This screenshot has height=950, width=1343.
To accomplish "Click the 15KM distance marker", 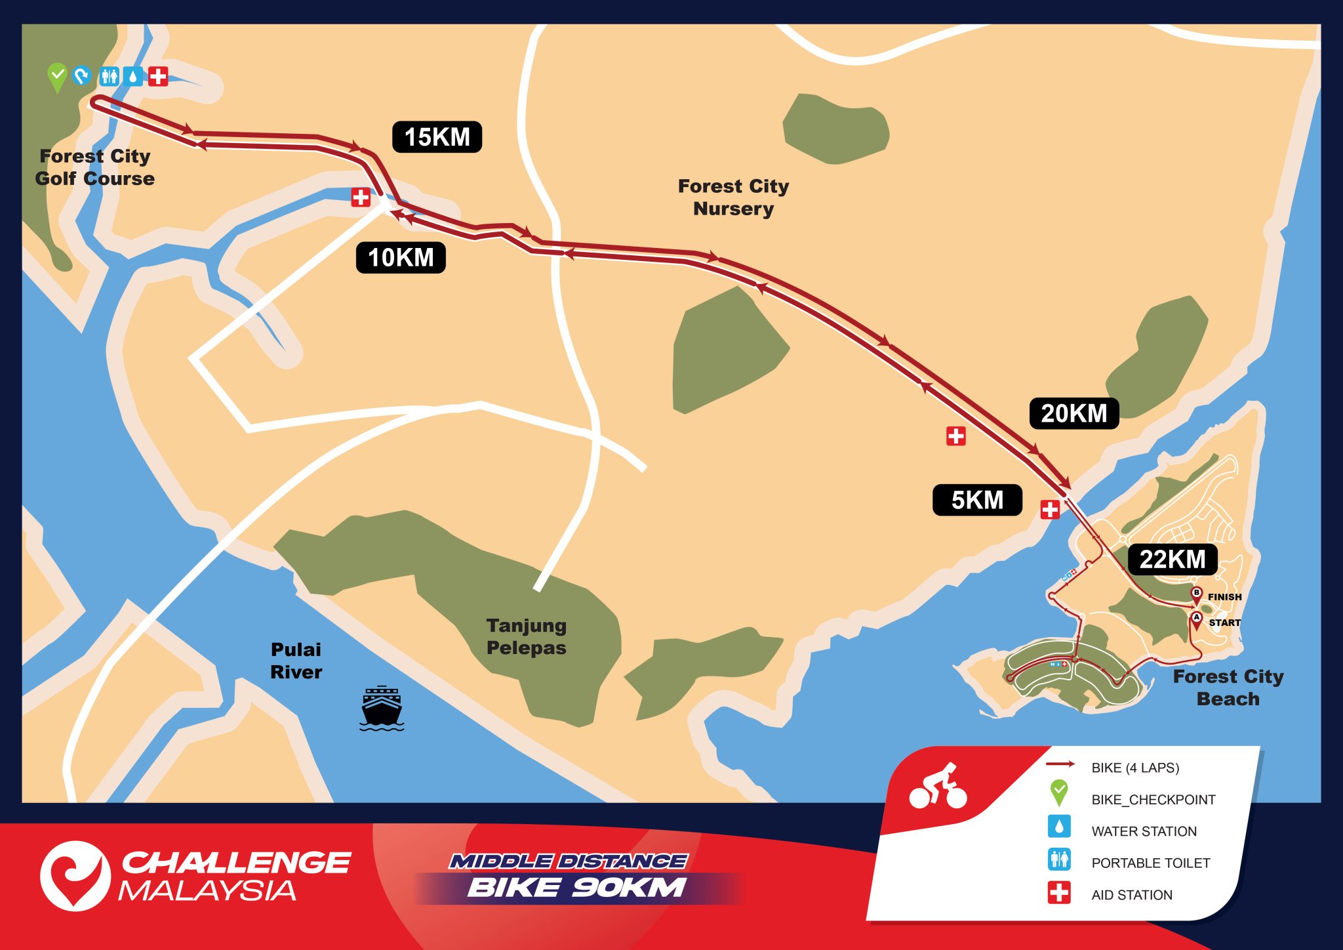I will pyautogui.click(x=437, y=137).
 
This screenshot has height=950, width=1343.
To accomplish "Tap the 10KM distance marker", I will pyautogui.click(x=401, y=257).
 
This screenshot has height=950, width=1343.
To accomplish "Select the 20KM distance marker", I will pyautogui.click(x=1073, y=413).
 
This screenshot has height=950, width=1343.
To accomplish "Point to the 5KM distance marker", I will pyautogui.click(x=977, y=500).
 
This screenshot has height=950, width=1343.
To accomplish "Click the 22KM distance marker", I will pyautogui.click(x=1172, y=560).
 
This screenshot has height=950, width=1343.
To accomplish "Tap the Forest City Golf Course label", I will pyautogui.click(x=95, y=167).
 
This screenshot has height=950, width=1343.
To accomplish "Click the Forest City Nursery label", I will pyautogui.click(x=733, y=197).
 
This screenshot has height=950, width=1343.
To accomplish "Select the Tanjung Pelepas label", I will pyautogui.click(x=526, y=636).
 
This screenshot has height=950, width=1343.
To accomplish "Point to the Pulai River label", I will pyautogui.click(x=296, y=661).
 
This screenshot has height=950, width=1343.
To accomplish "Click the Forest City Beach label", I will pyautogui.click(x=1228, y=687).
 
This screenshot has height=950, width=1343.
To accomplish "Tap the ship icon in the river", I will pyautogui.click(x=382, y=709).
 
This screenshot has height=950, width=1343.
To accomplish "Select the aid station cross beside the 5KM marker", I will pyautogui.click(x=1050, y=509).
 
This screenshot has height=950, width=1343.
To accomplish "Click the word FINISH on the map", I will pyautogui.click(x=1224, y=597).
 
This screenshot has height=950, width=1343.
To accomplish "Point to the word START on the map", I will pyautogui.click(x=1224, y=623).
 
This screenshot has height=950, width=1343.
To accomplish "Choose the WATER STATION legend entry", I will pyautogui.click(x=1144, y=831).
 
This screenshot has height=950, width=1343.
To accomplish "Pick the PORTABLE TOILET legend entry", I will pyautogui.click(x=1150, y=863).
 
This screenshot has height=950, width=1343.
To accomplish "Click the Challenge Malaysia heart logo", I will pyautogui.click(x=75, y=876).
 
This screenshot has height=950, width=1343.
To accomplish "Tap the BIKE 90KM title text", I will pyautogui.click(x=576, y=888).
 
